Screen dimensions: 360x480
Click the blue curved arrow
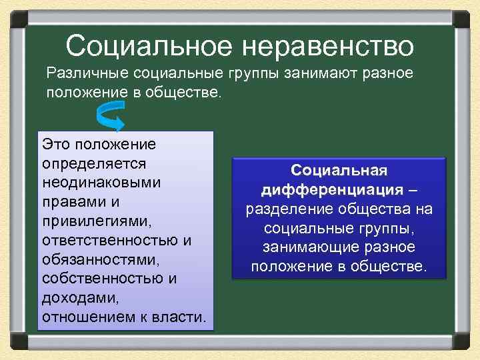click(x=110, y=117)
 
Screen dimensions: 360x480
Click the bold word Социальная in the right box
click(x=340, y=171)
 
